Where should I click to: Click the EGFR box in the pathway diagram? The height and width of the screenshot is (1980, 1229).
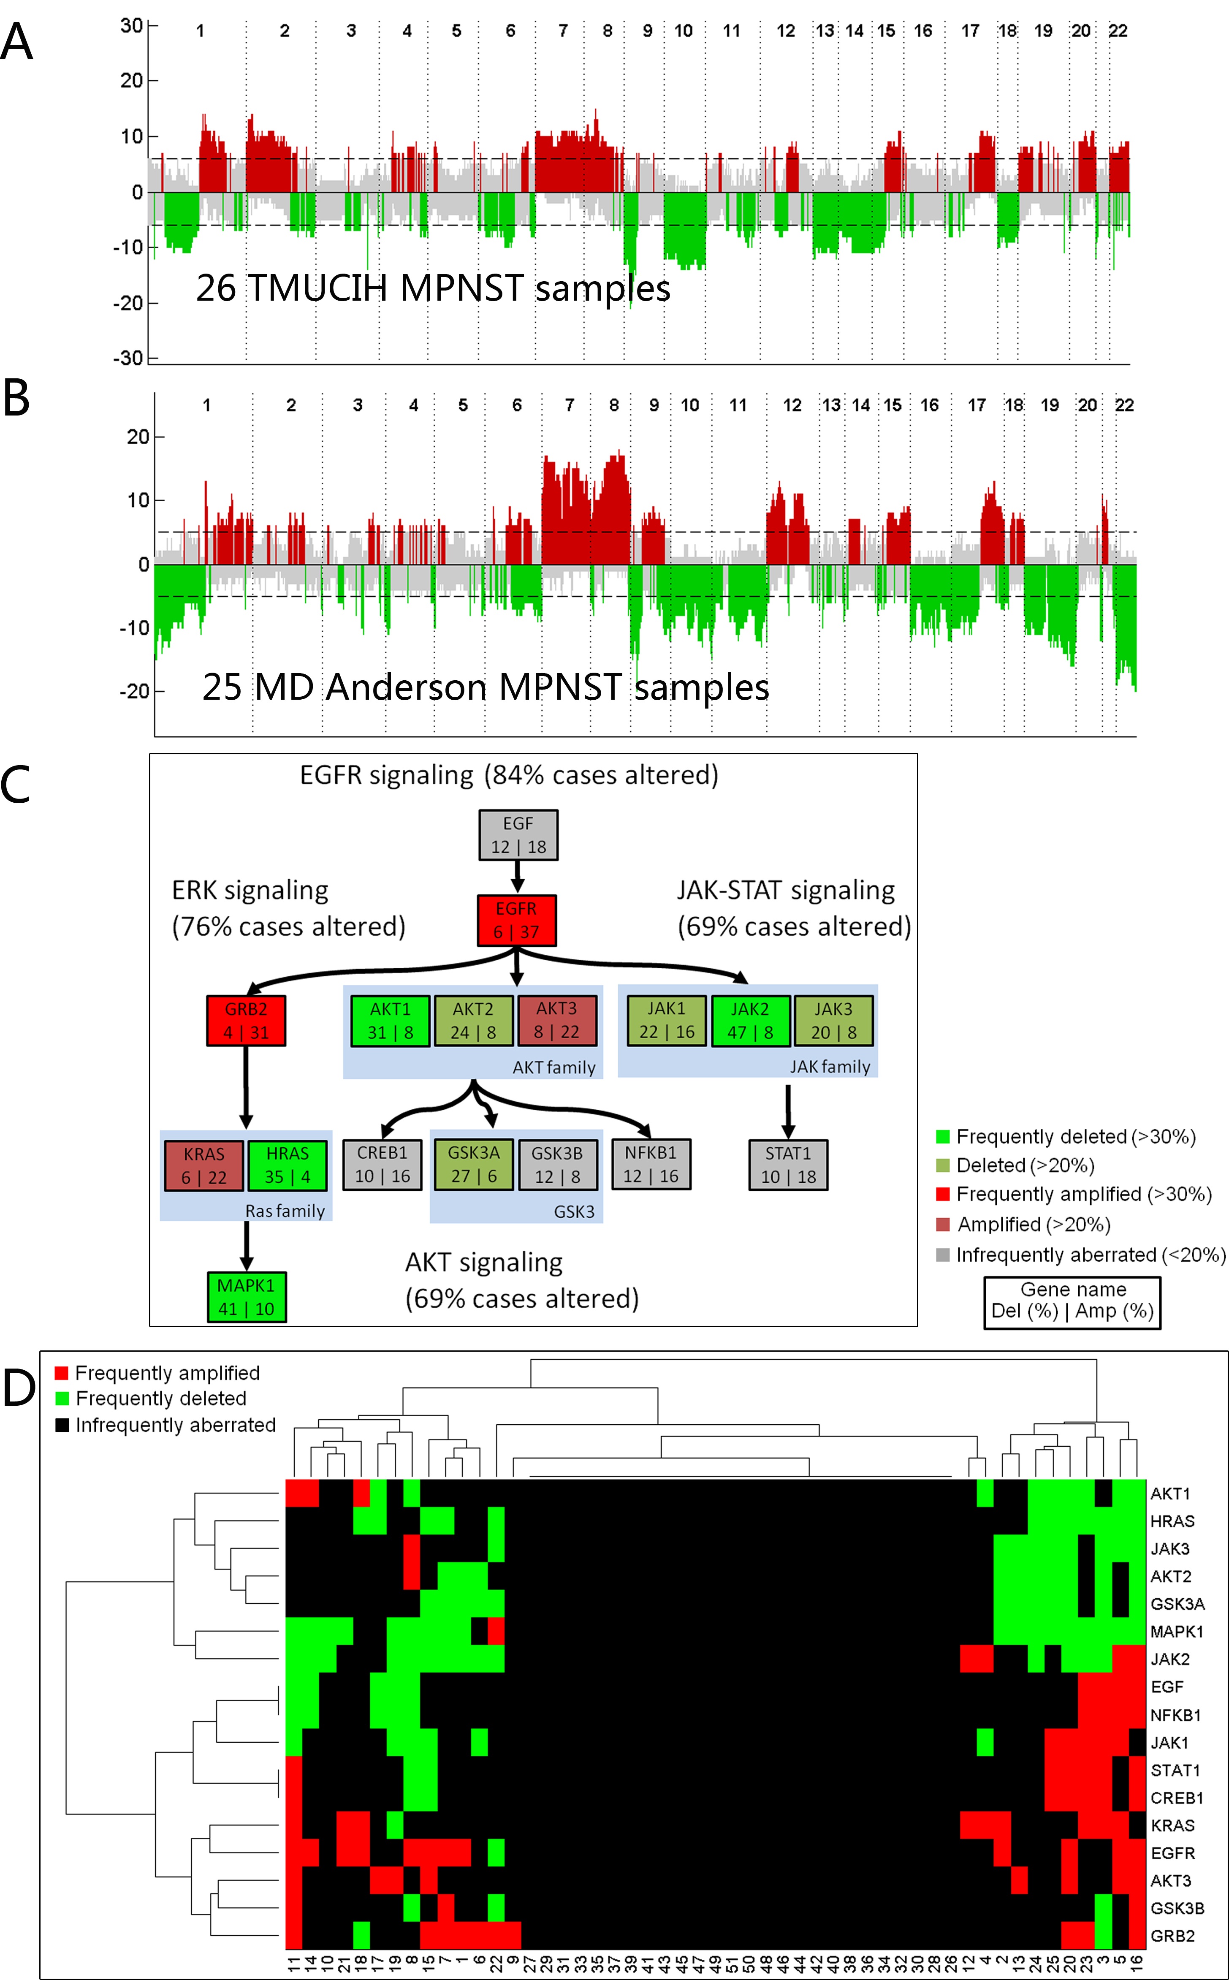click(517, 920)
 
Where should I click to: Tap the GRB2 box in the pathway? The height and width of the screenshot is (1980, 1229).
click(246, 1021)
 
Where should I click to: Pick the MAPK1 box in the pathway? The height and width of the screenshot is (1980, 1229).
click(246, 1297)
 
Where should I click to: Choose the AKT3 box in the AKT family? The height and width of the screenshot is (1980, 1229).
click(557, 1021)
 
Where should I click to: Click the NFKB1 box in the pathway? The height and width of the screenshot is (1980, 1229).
click(651, 1165)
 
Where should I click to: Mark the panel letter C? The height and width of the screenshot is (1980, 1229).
click(16, 785)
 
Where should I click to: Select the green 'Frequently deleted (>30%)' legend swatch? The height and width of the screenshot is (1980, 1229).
click(943, 1136)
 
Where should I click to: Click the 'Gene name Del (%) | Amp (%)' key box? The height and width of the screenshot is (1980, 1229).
click(1072, 1303)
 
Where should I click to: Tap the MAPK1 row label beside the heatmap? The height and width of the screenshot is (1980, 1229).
click(1176, 1631)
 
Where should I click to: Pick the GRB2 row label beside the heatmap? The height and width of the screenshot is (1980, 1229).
click(1172, 1936)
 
